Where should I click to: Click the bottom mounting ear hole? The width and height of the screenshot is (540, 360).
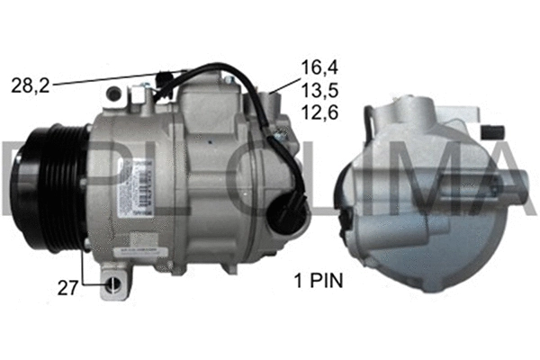112,286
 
